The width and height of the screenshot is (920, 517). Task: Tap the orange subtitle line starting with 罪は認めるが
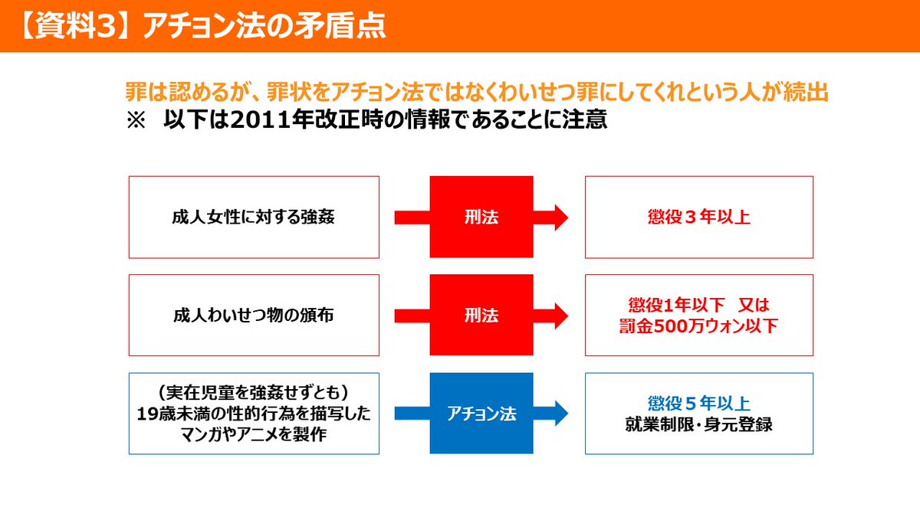click(477, 93)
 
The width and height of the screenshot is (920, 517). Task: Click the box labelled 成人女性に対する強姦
click(254, 217)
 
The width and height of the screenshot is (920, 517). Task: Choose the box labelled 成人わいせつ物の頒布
click(254, 315)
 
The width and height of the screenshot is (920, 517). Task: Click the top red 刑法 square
click(481, 217)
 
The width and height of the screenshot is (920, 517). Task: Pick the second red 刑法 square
click(481, 315)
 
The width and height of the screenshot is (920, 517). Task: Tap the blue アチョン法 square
click(481, 414)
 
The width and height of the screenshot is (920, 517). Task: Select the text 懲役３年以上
click(698, 217)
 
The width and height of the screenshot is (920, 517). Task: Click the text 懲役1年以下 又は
click(698, 304)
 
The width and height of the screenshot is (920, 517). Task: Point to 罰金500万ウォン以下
click(698, 326)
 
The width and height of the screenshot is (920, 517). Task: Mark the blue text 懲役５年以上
click(698, 403)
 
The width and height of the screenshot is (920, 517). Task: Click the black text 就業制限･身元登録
click(698, 424)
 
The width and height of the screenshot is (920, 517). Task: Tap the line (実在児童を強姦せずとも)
click(254, 393)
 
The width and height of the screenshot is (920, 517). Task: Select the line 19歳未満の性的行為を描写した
click(254, 414)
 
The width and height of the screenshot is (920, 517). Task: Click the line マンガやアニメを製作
click(254, 434)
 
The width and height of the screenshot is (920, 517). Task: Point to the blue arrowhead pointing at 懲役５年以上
click(559, 414)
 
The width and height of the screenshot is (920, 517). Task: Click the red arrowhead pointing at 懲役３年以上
click(559, 217)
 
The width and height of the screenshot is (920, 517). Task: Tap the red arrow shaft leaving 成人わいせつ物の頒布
click(412, 315)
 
